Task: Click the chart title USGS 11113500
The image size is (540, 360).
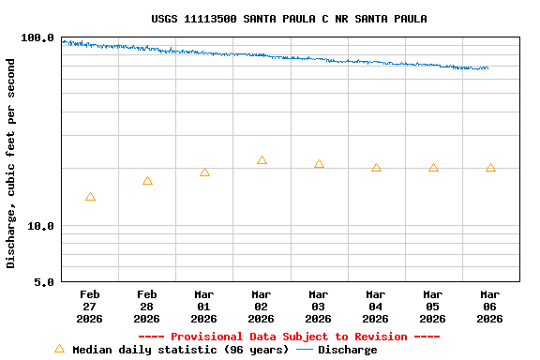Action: coord(289,19)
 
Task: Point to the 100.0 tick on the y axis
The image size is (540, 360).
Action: coord(38,37)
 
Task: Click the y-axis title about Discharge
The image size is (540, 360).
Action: coord(11,163)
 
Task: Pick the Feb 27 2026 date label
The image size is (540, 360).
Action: coord(89,307)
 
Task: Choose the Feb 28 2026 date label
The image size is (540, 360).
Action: coord(146,307)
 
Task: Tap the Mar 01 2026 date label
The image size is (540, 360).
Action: coord(203,307)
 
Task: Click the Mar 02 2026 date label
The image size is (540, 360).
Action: coord(261,307)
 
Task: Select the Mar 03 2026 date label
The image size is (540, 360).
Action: coord(318,307)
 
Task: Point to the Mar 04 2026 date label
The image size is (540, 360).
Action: coord(375,307)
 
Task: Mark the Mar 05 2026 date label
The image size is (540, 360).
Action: coord(432,307)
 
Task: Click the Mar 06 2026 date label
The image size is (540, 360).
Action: coord(489,307)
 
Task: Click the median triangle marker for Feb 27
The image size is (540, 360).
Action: coord(90,197)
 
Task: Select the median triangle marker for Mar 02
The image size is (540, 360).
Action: coord(262,160)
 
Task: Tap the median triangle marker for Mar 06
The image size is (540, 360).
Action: coord(490,168)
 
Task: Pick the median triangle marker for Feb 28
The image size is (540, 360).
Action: coord(147,181)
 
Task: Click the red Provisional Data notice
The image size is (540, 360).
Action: coord(289,337)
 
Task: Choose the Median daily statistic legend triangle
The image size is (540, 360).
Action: coord(59,349)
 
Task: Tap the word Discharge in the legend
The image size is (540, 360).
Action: coord(347,350)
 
